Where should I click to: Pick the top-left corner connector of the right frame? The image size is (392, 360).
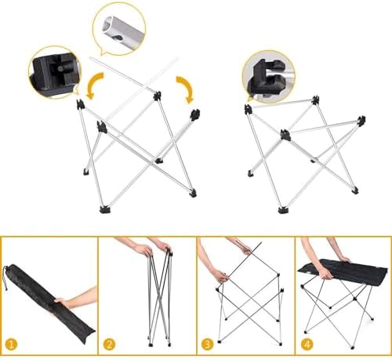(x=249, y=108)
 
